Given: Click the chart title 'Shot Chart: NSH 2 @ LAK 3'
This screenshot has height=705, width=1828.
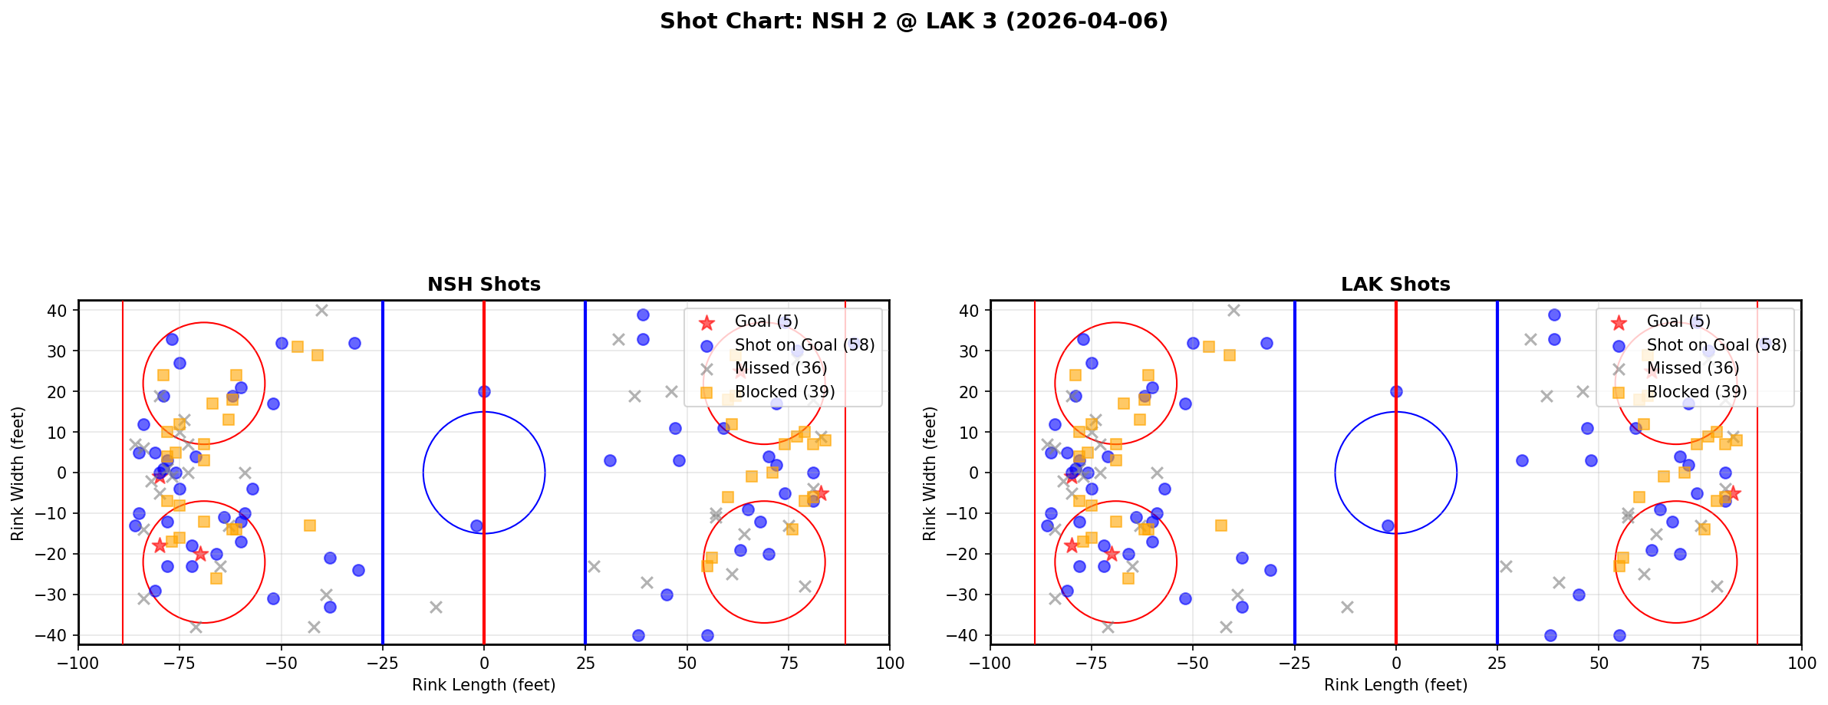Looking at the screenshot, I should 913,21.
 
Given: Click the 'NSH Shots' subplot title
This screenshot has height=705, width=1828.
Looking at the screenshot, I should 483,285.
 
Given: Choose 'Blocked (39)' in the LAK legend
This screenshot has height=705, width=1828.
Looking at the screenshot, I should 1696,392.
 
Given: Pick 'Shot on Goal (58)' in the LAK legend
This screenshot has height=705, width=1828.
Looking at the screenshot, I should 1716,345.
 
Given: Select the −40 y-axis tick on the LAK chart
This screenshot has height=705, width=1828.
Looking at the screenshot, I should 967,635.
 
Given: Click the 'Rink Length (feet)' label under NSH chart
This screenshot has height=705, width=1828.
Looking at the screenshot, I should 483,685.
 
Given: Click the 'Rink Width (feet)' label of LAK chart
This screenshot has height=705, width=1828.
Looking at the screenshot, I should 929,473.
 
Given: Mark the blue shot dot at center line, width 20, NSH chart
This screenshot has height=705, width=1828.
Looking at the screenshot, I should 484,391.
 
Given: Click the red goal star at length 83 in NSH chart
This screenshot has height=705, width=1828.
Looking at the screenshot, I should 821,493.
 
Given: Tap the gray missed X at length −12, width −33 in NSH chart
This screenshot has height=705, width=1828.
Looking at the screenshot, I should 436,607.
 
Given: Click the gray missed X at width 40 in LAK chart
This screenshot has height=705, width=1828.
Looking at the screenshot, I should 1233,311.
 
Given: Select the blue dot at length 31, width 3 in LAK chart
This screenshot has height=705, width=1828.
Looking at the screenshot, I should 1522,460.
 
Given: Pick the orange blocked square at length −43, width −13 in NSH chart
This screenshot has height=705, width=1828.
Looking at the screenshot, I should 310,525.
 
